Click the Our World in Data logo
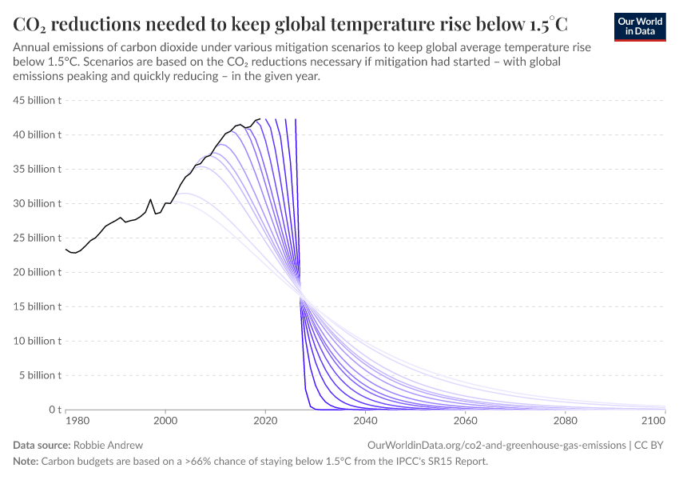point(639,26)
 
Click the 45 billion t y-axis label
point(38,100)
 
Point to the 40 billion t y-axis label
point(38,134)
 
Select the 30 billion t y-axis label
point(38,203)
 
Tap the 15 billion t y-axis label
point(38,306)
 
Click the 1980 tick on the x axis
point(77,420)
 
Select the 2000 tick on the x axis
point(165,420)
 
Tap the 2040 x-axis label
point(365,420)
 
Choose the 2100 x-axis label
point(653,420)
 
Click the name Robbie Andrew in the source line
point(108,444)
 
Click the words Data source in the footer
point(41,444)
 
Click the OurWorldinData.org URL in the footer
point(496,444)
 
